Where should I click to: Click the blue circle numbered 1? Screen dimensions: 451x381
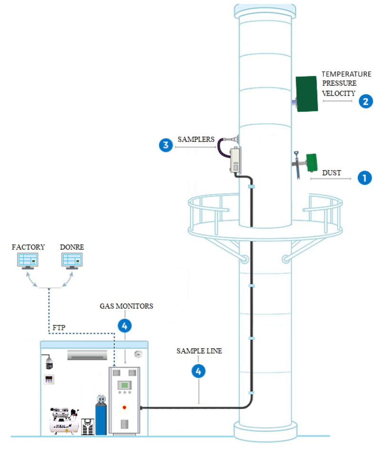click(364, 178)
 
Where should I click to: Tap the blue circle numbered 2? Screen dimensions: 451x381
click(366, 101)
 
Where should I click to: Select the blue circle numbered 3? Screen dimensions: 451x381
click(166, 145)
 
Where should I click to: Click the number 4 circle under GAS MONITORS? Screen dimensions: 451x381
click(124, 326)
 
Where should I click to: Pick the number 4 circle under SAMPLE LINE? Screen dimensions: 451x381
click(199, 371)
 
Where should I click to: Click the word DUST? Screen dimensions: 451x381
click(331, 173)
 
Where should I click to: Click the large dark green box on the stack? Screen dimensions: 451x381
click(307, 94)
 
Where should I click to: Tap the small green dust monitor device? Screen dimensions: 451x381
click(311, 162)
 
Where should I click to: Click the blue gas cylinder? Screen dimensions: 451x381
click(101, 416)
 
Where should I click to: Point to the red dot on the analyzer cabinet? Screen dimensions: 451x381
click(124, 407)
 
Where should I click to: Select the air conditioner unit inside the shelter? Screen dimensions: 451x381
click(87, 355)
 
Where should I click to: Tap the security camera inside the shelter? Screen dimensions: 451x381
click(49, 363)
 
